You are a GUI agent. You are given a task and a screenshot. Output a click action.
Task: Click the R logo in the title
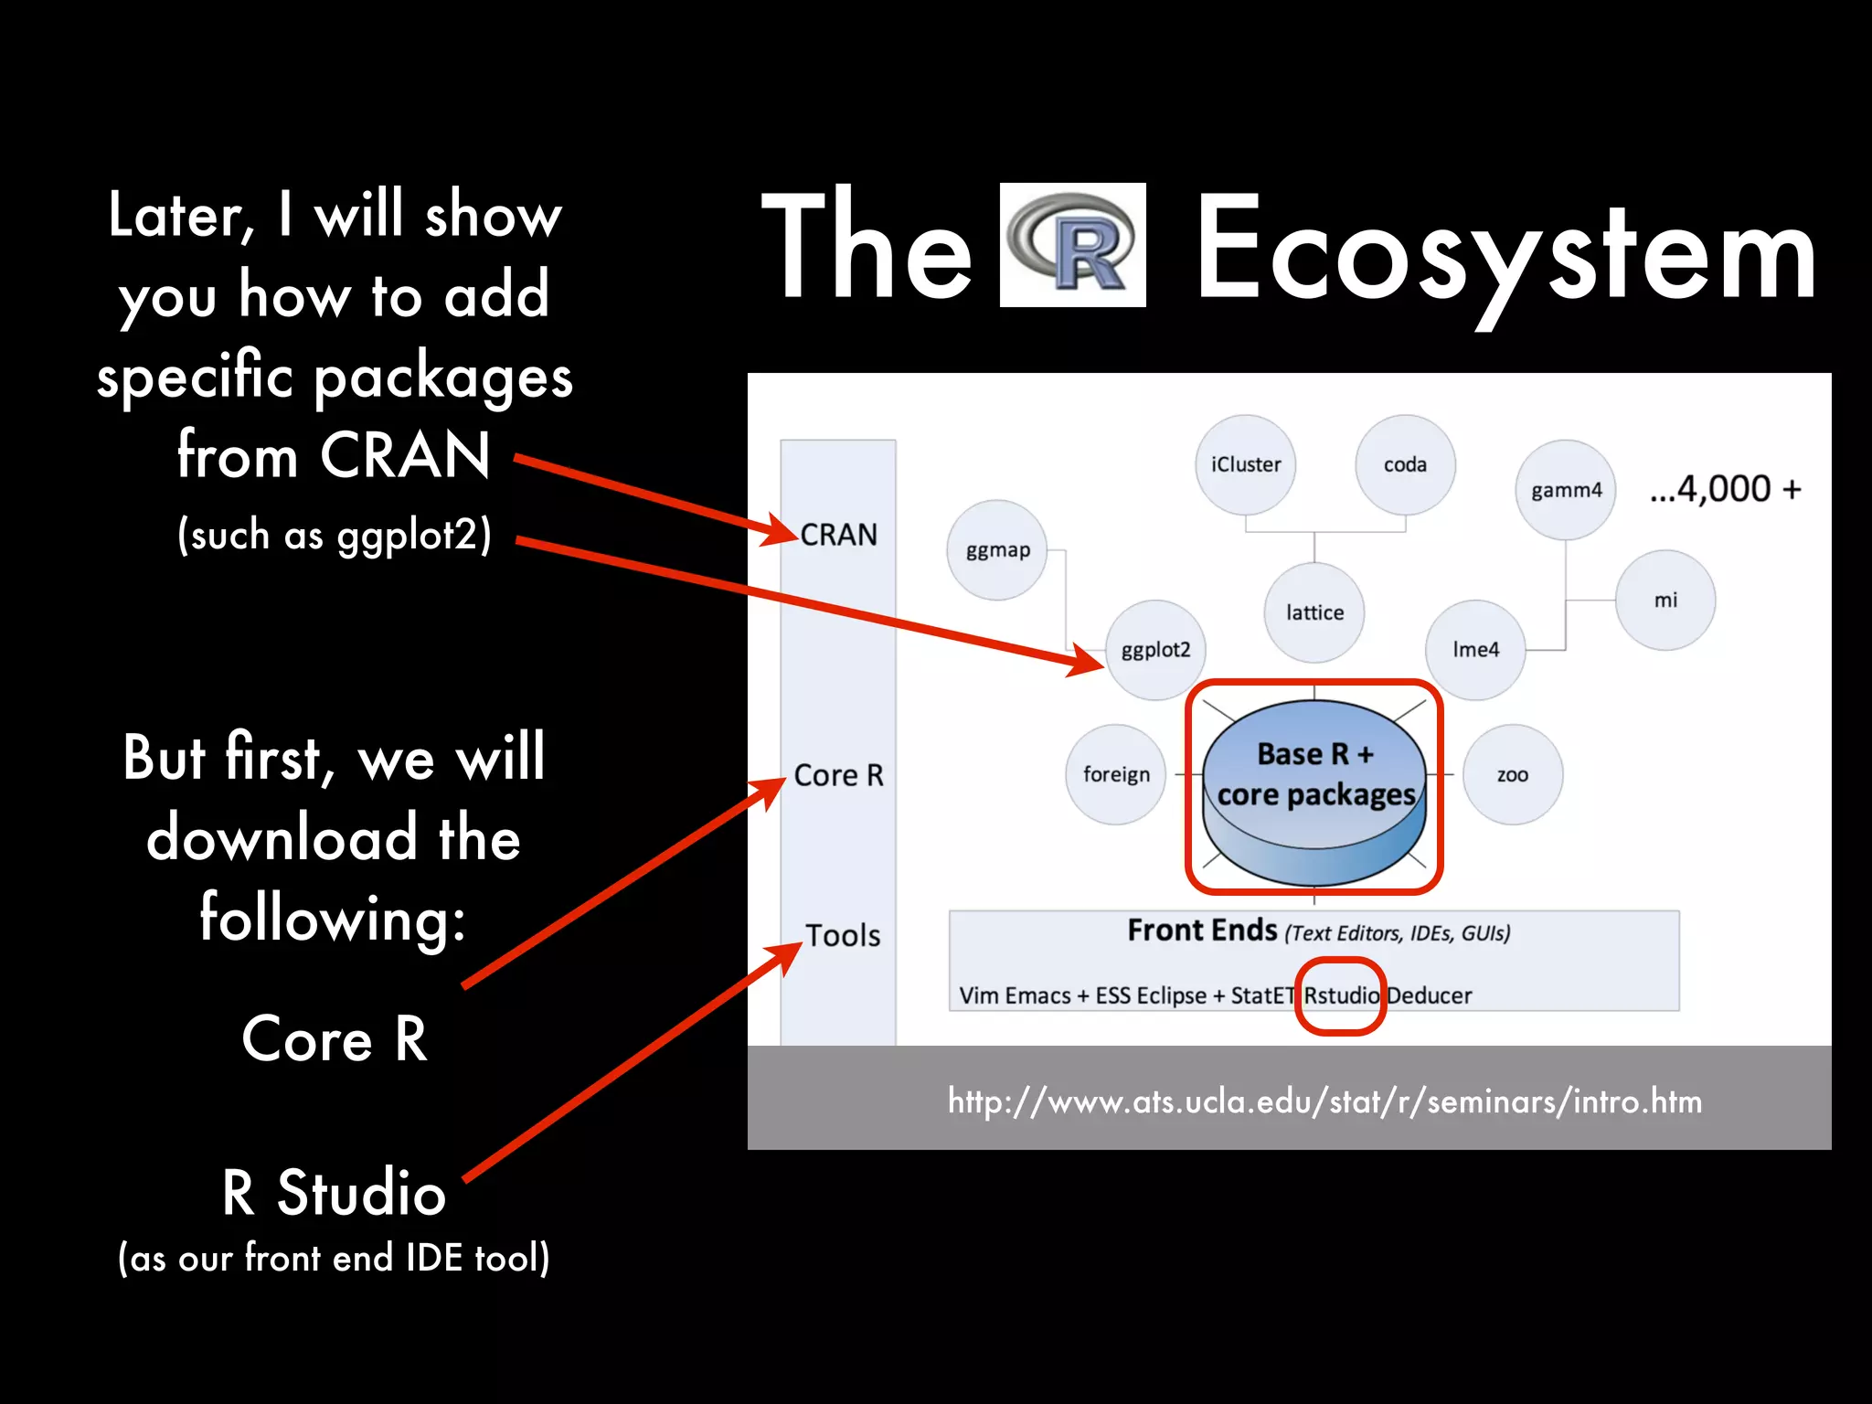coord(1072,245)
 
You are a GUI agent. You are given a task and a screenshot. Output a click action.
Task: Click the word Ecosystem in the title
coord(1505,249)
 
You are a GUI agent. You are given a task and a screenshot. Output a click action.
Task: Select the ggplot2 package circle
coord(1155,650)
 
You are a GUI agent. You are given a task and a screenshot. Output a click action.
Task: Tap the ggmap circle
coord(997,550)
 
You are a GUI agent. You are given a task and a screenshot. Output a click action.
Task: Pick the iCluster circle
coord(1245,464)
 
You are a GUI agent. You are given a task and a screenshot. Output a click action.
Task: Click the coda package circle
coord(1405,464)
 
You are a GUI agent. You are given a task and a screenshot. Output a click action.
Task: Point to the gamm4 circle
coord(1566,490)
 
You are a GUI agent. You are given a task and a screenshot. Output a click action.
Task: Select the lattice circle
coord(1314,612)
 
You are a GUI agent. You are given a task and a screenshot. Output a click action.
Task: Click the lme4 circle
coord(1475,650)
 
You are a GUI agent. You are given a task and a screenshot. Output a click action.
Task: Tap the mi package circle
coord(1665,601)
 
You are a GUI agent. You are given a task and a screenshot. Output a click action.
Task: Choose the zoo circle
coord(1513,775)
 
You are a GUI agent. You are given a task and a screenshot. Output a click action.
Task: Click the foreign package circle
coord(1116,775)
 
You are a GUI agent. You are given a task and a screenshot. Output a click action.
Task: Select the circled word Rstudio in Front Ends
coord(1341,995)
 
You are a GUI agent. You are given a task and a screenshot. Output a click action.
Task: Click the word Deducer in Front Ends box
coord(1430,995)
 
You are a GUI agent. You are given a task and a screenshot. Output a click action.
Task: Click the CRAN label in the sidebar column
coord(838,535)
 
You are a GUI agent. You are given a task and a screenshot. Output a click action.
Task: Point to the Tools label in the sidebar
coord(842,936)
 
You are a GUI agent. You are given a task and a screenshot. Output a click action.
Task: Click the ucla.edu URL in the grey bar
coord(1324,1101)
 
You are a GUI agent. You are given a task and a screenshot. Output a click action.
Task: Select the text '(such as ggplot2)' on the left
coord(335,535)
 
